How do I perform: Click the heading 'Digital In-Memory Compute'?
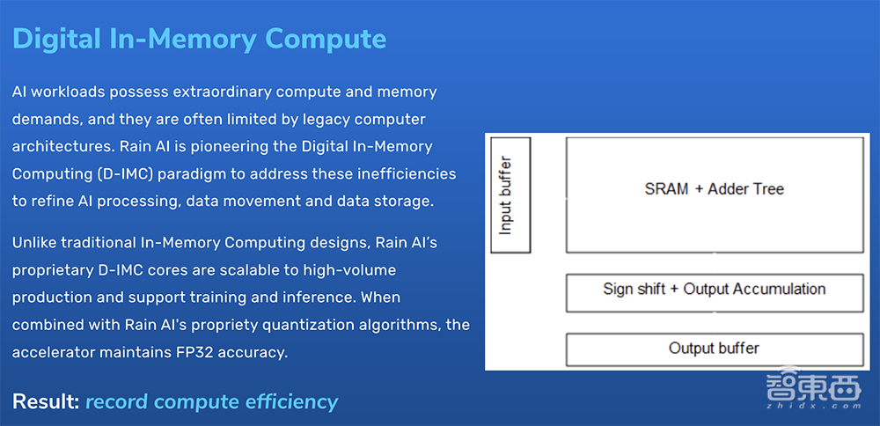pyautogui.click(x=199, y=40)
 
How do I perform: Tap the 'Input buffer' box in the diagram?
pyautogui.click(x=510, y=195)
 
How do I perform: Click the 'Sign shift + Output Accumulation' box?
pyautogui.click(x=714, y=290)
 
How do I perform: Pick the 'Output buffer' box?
pyautogui.click(x=714, y=349)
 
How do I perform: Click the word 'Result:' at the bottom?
pyautogui.click(x=46, y=402)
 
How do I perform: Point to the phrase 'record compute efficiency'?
pyautogui.click(x=211, y=402)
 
